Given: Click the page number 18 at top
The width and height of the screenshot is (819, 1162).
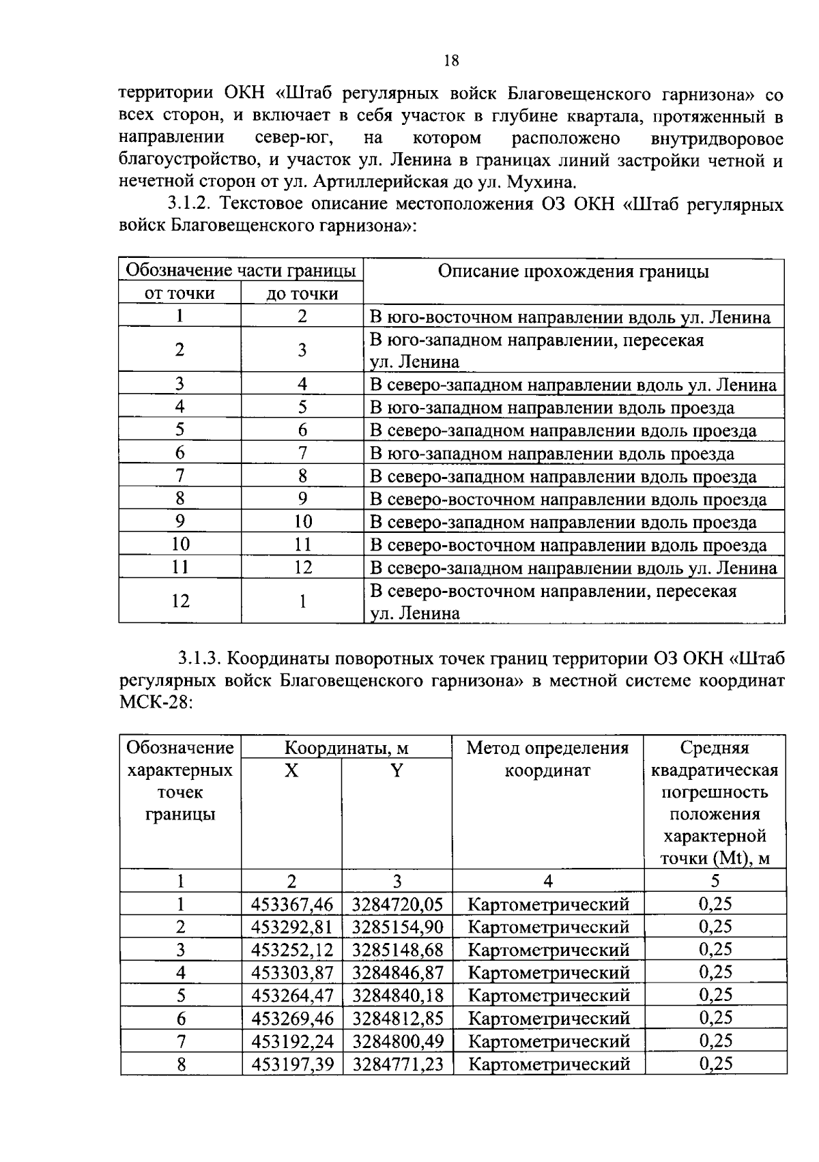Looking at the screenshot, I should [x=450, y=61].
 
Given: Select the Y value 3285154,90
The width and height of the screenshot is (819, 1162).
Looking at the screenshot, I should [x=397, y=927].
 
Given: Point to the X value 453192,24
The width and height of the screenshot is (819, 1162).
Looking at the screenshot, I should [x=291, y=1041].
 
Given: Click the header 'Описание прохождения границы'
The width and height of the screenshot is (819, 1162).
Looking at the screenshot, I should [x=573, y=272].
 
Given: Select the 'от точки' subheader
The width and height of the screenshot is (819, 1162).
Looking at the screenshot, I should [x=179, y=293].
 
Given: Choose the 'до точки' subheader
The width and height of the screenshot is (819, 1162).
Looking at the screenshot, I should [x=302, y=293].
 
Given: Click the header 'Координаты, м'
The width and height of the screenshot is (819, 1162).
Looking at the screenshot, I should [x=346, y=748].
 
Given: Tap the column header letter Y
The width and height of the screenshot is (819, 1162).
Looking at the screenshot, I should [x=397, y=770].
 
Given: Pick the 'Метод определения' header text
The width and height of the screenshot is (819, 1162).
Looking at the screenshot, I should [x=547, y=748].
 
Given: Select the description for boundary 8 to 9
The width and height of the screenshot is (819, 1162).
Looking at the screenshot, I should [x=568, y=499].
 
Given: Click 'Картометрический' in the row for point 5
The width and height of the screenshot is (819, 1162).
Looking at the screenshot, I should [x=549, y=996].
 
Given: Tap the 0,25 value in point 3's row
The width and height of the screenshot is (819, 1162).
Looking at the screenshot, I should [x=715, y=949].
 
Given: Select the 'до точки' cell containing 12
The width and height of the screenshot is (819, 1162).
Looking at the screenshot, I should [x=302, y=568].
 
